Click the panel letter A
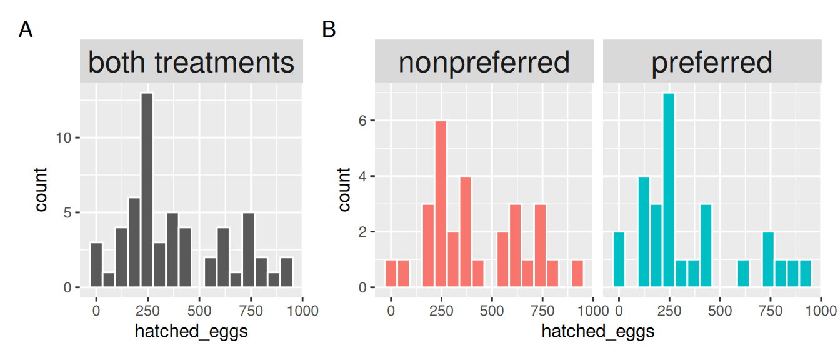[x=26, y=29]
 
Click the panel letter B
[x=329, y=29]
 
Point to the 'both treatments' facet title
[x=191, y=62]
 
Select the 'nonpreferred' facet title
[x=484, y=62]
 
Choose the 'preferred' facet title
[x=712, y=62]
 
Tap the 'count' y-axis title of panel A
[x=41, y=189]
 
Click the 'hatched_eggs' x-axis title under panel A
[x=191, y=331]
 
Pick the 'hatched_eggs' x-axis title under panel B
[x=598, y=331]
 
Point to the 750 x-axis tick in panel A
[x=251, y=310]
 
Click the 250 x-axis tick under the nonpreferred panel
[x=441, y=310]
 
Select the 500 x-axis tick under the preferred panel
[x=720, y=310]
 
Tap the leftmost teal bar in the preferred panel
[x=619, y=259]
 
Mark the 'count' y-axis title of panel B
[x=344, y=189]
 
